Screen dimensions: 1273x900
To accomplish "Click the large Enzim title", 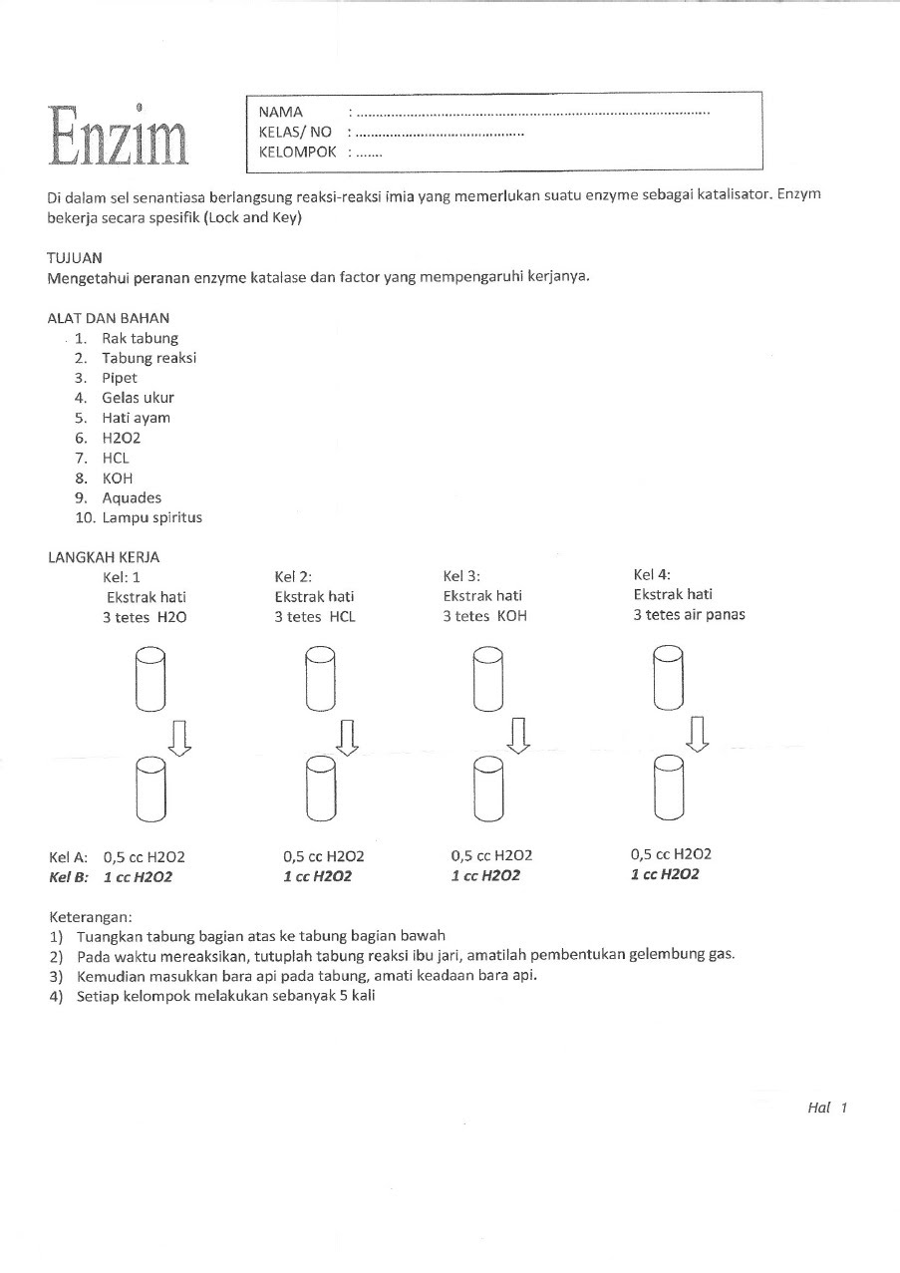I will tap(121, 136).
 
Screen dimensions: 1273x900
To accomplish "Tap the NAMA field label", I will tap(281, 112).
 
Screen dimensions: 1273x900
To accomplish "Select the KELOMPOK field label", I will tap(297, 153).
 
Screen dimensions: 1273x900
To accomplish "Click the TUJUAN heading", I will tap(75, 256).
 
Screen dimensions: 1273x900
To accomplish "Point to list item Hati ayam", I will tap(136, 418).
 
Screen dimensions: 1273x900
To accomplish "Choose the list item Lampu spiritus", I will tap(151, 517).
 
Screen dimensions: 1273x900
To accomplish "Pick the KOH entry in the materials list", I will tap(118, 477).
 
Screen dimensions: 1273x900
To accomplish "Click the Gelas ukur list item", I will tap(138, 398).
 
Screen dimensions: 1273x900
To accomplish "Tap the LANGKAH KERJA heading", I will tap(104, 557).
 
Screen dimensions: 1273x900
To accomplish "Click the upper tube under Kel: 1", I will tap(150, 678).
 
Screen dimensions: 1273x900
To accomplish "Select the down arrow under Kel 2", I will tap(347, 736).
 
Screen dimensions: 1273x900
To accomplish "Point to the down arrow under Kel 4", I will tap(698, 734).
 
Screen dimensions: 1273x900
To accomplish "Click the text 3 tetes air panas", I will tap(689, 615).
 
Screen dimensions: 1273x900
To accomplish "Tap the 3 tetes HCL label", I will tap(315, 616).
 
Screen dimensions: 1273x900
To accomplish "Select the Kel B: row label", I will tap(69, 877).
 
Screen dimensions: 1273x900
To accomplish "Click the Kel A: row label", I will tap(68, 856).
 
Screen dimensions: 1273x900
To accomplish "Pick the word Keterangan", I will tap(90, 916).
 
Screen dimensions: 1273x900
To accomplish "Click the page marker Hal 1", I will tap(826, 1108).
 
